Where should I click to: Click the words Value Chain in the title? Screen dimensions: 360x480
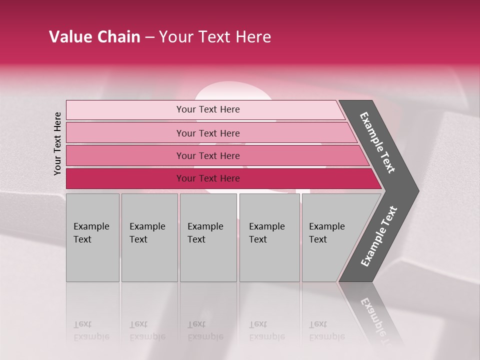[x=94, y=37]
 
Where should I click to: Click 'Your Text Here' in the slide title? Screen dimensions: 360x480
[x=215, y=37]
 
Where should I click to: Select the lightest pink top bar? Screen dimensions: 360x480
[x=125, y=110]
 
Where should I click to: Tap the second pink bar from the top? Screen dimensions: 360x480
[x=125, y=133]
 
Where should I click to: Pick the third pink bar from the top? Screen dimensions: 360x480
[x=125, y=155]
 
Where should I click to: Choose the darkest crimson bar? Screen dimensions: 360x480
[x=125, y=178]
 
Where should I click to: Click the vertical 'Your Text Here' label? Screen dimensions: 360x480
[x=57, y=143]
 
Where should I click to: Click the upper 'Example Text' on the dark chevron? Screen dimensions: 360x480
[x=377, y=142]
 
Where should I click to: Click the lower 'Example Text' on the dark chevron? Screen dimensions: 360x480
[x=379, y=236]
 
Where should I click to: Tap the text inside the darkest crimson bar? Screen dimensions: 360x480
[x=208, y=178]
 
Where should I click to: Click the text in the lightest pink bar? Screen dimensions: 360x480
[x=208, y=109]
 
